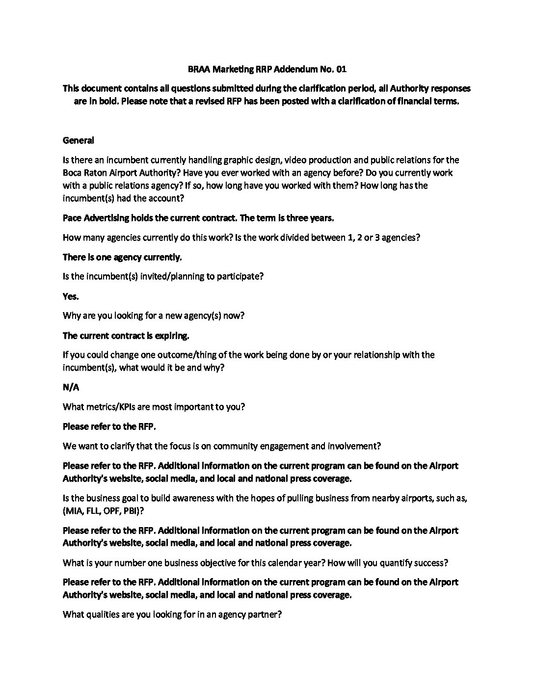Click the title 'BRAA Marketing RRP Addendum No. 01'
click(x=267, y=69)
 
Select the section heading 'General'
click(x=79, y=140)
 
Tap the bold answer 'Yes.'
click(x=71, y=296)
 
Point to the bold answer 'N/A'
click(x=71, y=387)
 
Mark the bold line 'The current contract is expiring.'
click(x=126, y=336)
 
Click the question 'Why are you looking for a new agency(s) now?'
click(x=154, y=316)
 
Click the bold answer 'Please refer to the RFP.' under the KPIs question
click(x=109, y=426)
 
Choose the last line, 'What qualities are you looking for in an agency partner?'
click(x=172, y=614)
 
